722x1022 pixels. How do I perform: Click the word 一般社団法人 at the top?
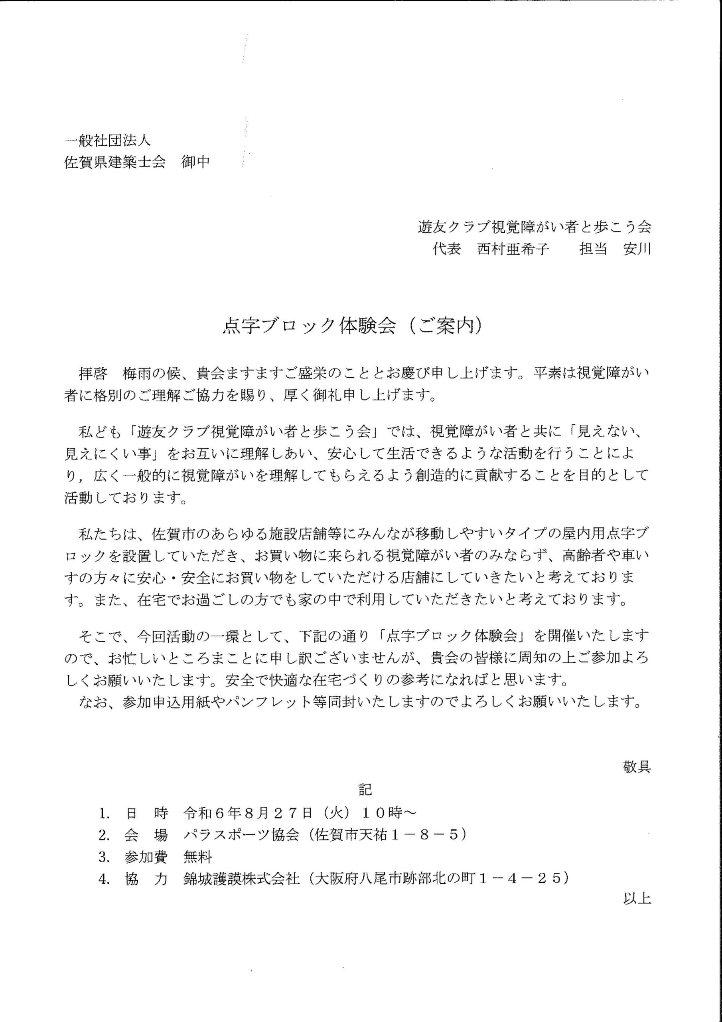[x=107, y=141]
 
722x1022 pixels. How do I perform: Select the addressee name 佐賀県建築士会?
[x=115, y=162]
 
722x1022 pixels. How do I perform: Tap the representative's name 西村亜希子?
[x=513, y=249]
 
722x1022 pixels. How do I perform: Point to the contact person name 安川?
[x=637, y=249]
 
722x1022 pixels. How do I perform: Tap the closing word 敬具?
[x=637, y=766]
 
